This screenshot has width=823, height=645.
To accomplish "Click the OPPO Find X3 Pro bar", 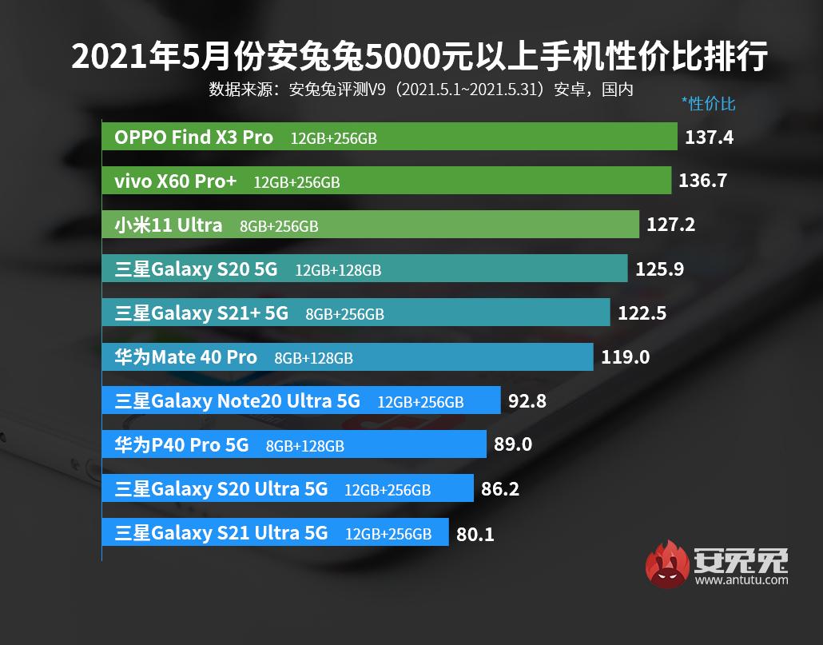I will point(389,137).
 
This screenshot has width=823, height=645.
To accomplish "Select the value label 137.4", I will point(709,137).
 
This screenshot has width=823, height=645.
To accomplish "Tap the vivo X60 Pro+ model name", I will point(176,181).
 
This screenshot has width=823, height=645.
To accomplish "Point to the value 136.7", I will point(702,181).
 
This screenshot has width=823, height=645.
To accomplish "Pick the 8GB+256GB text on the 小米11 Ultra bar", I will point(279,226).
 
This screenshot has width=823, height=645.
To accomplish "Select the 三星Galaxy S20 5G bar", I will point(364,269).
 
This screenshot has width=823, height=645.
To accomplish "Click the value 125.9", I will point(659,269).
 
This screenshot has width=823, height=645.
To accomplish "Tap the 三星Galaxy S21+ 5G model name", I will point(201,313).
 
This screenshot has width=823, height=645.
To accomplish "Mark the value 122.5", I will point(642,313).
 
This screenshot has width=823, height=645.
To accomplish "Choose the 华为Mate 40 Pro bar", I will point(348,357).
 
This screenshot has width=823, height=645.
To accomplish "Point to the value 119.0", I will point(625,357).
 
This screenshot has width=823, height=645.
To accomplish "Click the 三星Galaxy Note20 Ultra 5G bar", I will point(301,400).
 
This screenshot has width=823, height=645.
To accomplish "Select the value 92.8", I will point(527,400).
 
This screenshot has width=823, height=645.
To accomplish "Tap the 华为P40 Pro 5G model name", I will point(182,444).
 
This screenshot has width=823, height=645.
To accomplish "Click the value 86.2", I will point(500,488).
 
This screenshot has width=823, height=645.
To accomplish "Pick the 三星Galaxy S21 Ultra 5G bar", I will point(276,532).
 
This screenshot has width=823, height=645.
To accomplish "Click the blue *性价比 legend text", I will point(708,103).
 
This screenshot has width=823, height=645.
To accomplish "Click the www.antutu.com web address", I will point(741,580).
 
